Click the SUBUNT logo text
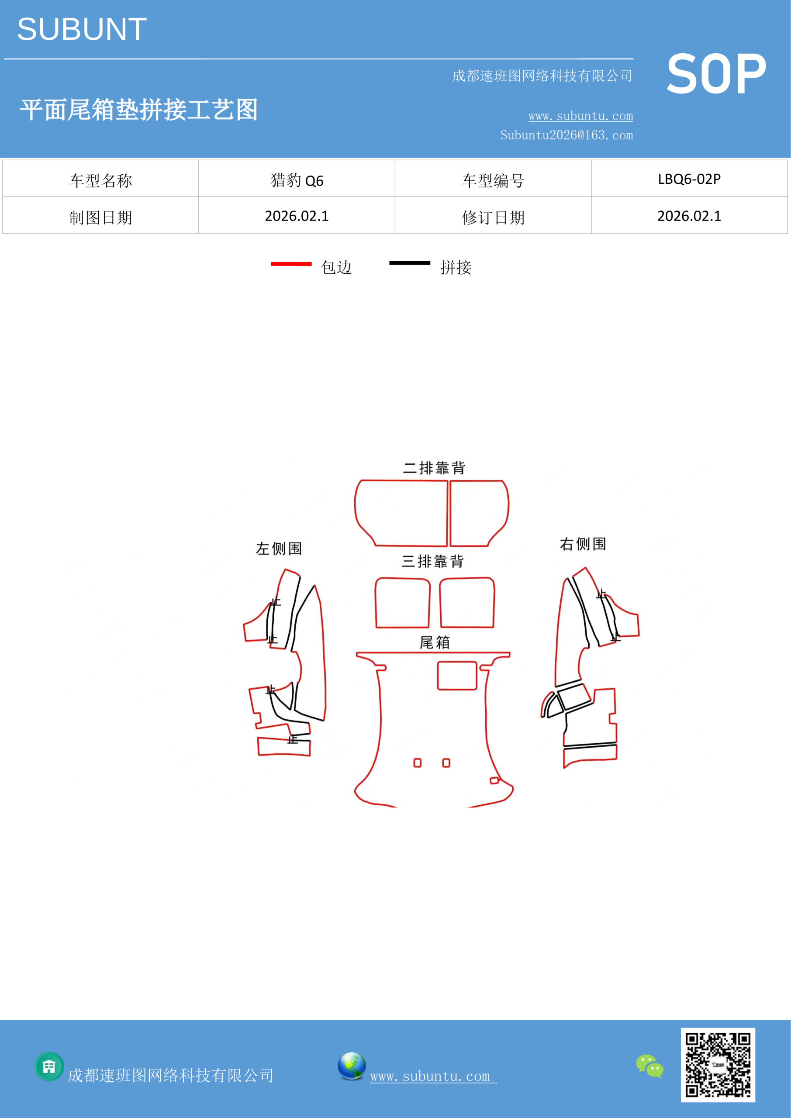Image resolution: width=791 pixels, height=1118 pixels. [x=82, y=29]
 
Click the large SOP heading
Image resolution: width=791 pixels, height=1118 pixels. [x=716, y=74]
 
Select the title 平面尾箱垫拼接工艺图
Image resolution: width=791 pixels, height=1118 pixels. [x=139, y=110]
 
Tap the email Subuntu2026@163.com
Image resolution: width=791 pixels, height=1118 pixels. [x=566, y=135]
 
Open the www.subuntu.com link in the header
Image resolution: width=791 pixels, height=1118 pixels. [x=580, y=116]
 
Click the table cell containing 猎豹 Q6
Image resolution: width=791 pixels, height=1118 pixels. [x=297, y=179]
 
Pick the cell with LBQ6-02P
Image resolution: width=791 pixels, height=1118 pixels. [x=689, y=179]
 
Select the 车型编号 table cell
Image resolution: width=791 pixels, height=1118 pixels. [x=493, y=179]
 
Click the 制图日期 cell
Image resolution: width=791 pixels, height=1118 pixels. [x=100, y=215]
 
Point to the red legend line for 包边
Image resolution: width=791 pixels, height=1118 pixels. [x=291, y=264]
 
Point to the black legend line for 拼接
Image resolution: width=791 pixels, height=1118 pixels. [x=410, y=263]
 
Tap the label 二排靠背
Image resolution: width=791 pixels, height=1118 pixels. [x=434, y=468]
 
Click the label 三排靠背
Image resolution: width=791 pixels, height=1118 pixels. [x=432, y=562]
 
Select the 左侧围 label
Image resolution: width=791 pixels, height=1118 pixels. [x=279, y=549]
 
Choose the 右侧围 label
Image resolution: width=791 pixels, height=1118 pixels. [x=583, y=544]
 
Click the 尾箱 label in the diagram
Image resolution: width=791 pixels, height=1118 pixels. [x=435, y=643]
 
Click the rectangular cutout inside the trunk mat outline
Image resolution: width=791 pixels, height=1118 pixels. [x=457, y=661]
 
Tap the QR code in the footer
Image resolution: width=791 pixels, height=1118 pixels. [x=718, y=1064]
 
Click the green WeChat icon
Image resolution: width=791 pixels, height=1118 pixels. [x=650, y=1066]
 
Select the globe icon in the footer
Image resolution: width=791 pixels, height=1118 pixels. [x=352, y=1066]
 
